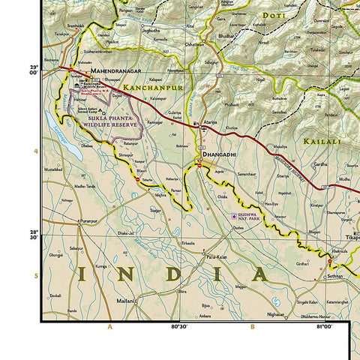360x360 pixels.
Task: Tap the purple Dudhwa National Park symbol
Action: click(x=233, y=217)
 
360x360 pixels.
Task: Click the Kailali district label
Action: click(x=321, y=140)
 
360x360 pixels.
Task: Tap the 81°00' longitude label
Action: click(x=324, y=327)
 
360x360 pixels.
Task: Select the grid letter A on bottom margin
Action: click(x=109, y=327)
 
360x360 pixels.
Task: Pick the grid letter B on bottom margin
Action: click(x=252, y=327)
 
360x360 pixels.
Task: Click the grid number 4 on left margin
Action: click(x=35, y=151)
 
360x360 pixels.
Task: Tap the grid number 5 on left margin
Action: click(x=35, y=277)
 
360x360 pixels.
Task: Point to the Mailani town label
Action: click(x=124, y=299)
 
